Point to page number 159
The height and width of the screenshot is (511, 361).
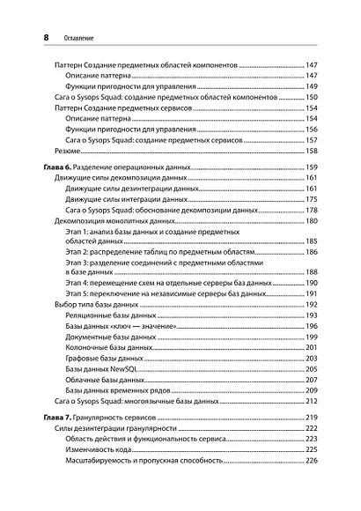[x=311, y=167]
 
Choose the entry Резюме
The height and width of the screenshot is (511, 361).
[x=68, y=152]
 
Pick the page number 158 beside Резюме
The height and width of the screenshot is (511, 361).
[x=311, y=152]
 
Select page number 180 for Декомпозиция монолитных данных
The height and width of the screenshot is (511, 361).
[x=311, y=222]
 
